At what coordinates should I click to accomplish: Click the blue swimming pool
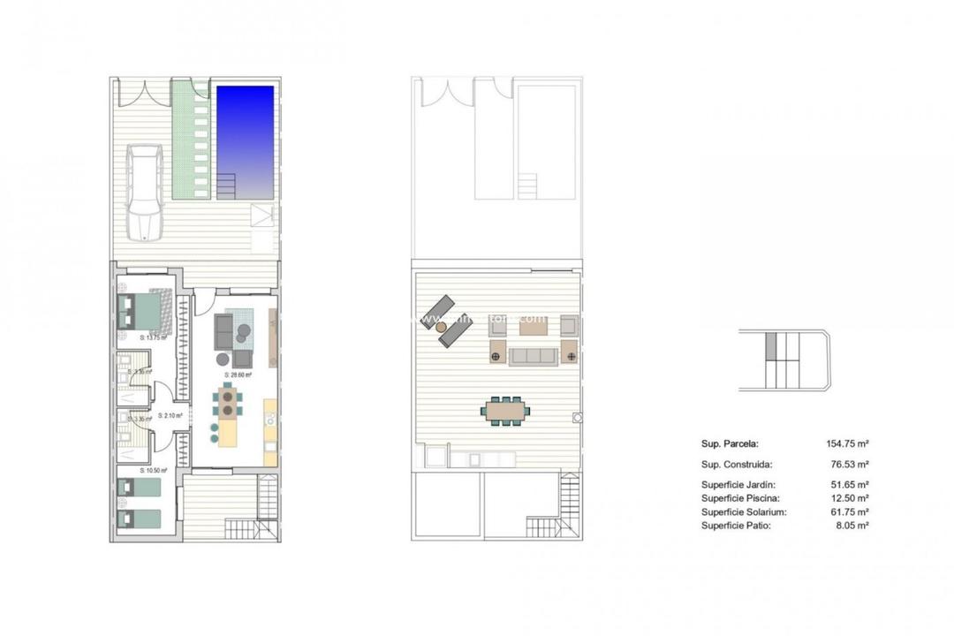tap(246, 132)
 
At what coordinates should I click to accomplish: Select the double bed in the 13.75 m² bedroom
tap(140, 311)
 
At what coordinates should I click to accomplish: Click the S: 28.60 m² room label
tap(238, 375)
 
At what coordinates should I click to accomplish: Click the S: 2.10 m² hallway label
tap(170, 415)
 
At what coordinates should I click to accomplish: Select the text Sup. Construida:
tap(737, 464)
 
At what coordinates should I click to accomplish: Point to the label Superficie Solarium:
tap(744, 511)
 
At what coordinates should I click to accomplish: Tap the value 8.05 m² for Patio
tap(852, 526)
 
